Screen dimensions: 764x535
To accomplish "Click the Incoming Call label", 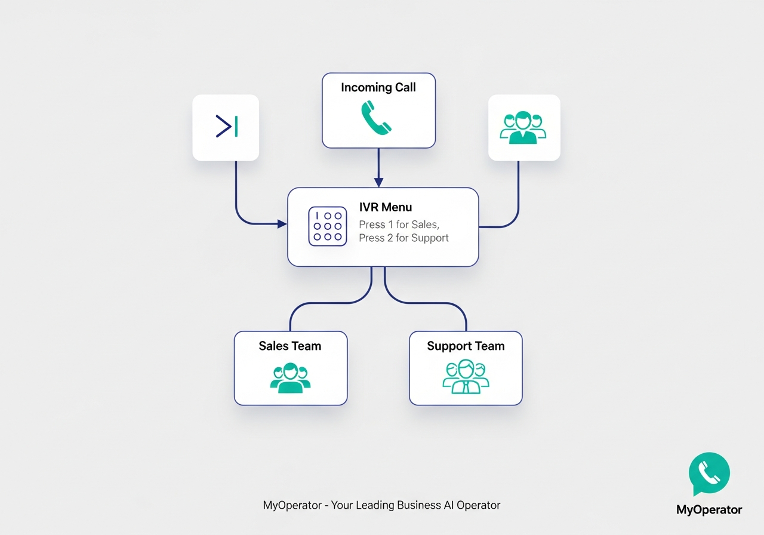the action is click(378, 88).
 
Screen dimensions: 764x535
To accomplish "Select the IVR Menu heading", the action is click(386, 207).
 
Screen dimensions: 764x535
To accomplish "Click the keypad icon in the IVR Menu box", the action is click(327, 226).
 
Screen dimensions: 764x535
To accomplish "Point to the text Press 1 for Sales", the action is click(399, 225).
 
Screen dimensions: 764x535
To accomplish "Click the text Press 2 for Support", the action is click(403, 238).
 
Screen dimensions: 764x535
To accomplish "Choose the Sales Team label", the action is click(290, 346).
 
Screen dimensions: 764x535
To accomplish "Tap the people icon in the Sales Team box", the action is click(290, 378).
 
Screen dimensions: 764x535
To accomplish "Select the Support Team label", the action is click(466, 346).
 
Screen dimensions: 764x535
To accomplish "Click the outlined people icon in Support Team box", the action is click(466, 377).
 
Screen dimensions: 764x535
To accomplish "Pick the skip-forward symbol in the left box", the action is click(227, 127).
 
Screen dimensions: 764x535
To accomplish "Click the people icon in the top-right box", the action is click(523, 127).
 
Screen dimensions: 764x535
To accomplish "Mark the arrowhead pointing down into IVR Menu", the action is click(378, 182).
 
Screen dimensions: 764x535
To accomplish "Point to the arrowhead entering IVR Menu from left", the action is click(282, 224).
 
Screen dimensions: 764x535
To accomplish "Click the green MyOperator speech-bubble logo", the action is click(709, 473).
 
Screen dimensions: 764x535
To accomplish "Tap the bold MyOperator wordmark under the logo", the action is click(709, 509).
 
